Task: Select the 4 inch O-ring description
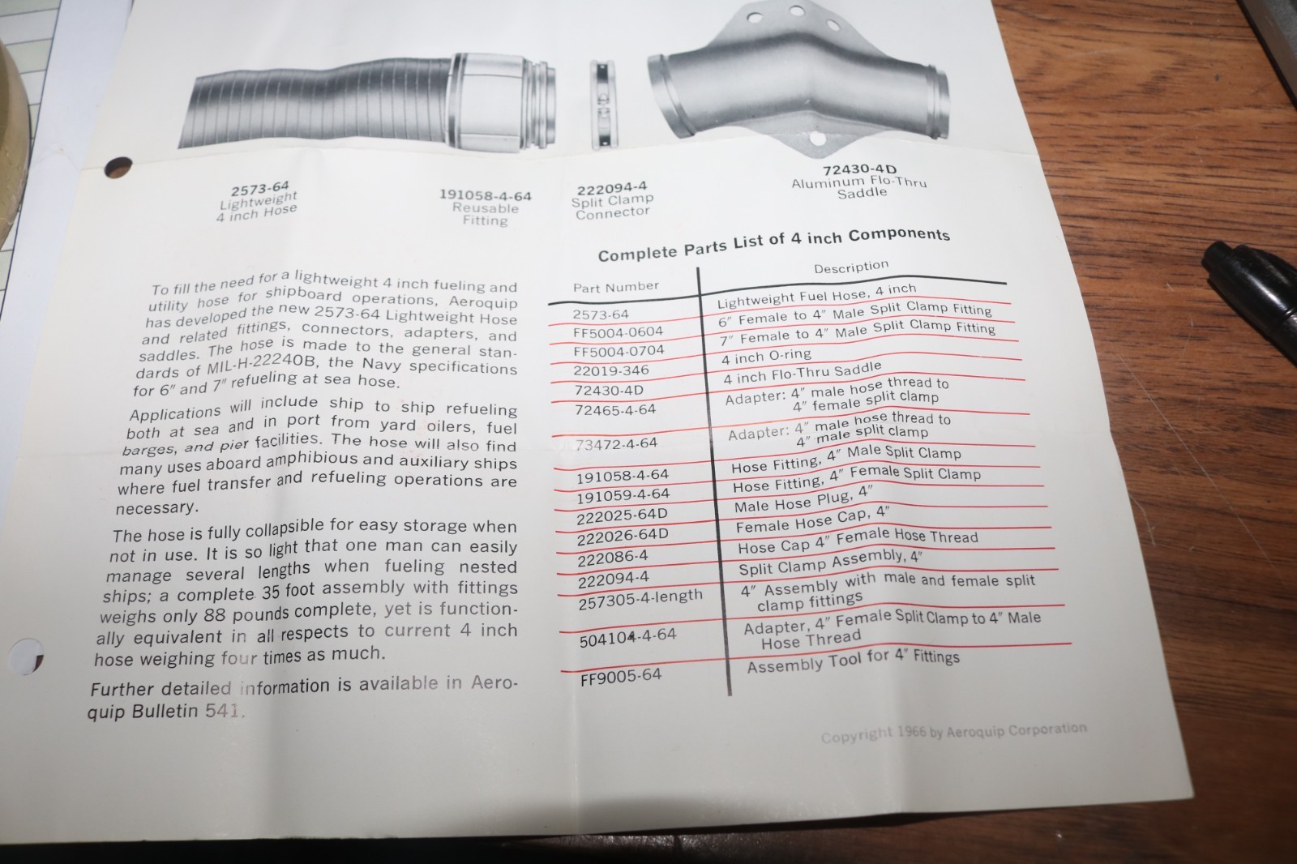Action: (x=766, y=356)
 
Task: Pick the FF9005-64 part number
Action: (x=621, y=676)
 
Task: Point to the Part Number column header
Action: (x=616, y=286)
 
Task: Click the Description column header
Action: (x=851, y=267)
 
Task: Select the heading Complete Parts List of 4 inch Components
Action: (x=773, y=245)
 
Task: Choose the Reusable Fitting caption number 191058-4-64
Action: (x=486, y=195)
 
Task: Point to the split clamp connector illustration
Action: (x=603, y=105)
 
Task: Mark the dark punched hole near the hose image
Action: (x=118, y=167)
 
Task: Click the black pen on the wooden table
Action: (x=1251, y=289)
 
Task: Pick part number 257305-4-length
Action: (x=640, y=599)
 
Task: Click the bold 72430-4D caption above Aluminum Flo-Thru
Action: (x=860, y=169)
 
